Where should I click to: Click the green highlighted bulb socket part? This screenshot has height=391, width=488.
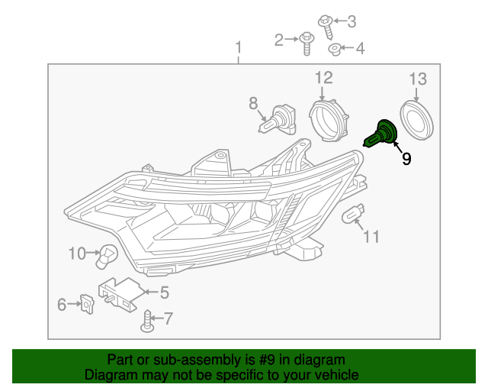point(382,134)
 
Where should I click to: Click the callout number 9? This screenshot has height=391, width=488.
point(406,159)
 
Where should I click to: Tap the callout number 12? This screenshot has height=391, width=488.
point(323,77)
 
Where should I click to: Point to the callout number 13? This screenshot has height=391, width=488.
point(418,79)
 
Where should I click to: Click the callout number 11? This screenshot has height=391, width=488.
point(371,237)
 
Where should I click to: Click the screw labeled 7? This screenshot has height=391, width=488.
point(148,322)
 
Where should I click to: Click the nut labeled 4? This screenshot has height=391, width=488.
point(334,50)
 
